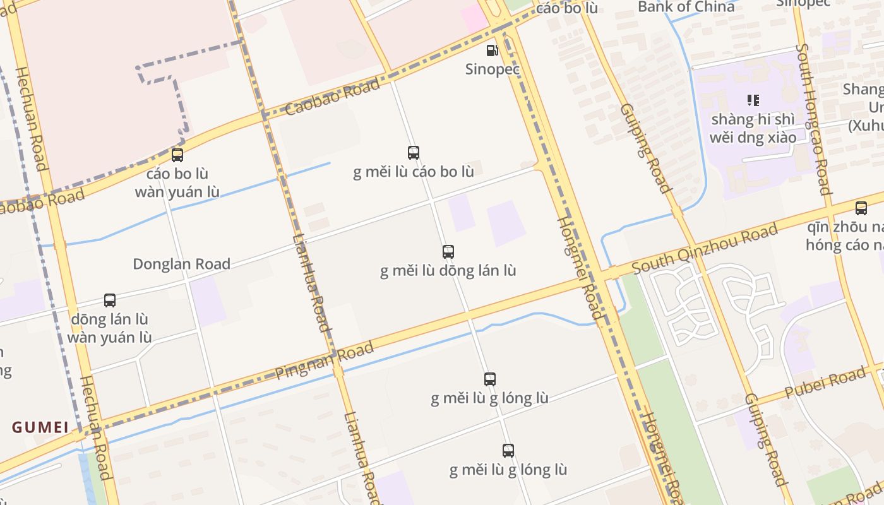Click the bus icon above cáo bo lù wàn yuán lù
click(x=177, y=155)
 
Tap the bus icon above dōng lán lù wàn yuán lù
click(x=110, y=300)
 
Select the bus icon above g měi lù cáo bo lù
click(x=414, y=153)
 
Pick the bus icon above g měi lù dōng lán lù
click(x=448, y=252)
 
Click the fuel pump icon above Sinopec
click(x=492, y=50)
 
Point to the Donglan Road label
click(x=181, y=264)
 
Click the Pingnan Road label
click(x=325, y=362)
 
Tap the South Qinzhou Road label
click(x=705, y=250)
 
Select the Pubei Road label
click(x=825, y=383)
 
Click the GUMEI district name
click(x=40, y=427)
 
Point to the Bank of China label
click(x=686, y=7)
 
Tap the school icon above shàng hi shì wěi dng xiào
click(x=753, y=100)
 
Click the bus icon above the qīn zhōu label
click(x=861, y=208)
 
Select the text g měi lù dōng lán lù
click(x=448, y=271)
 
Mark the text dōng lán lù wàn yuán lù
click(x=110, y=328)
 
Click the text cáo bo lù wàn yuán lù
click(x=177, y=182)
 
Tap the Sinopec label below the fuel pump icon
click(x=493, y=69)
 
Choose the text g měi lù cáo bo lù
click(x=414, y=172)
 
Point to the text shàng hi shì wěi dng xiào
click(x=753, y=128)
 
